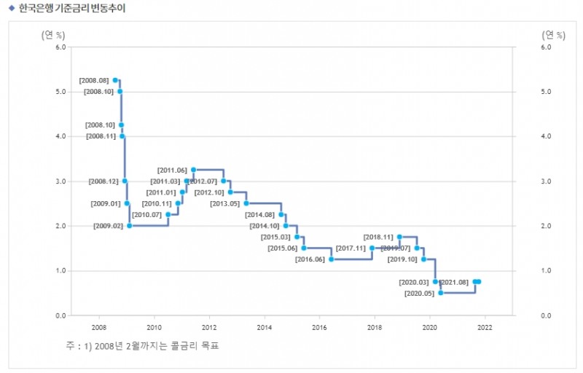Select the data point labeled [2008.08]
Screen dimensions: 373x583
[115, 80]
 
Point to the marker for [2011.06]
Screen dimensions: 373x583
[193, 170]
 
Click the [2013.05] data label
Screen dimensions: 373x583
[224, 204]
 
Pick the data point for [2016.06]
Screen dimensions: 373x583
[331, 259]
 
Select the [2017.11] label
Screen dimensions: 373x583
[352, 248]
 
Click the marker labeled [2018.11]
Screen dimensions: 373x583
[399, 237]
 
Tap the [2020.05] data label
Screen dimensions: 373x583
[419, 294]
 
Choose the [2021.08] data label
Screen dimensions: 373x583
[455, 282]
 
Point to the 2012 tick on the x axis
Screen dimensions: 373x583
[209, 327]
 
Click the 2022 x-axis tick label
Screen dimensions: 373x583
[485, 327]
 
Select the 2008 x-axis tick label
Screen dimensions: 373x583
[99, 327]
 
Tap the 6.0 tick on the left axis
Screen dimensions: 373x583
[60, 47]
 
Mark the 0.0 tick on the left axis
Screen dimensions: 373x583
[60, 315]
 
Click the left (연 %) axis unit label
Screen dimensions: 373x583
[54, 34]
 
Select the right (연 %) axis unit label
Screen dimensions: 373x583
[554, 34]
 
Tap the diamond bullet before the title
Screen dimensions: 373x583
[12, 9]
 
